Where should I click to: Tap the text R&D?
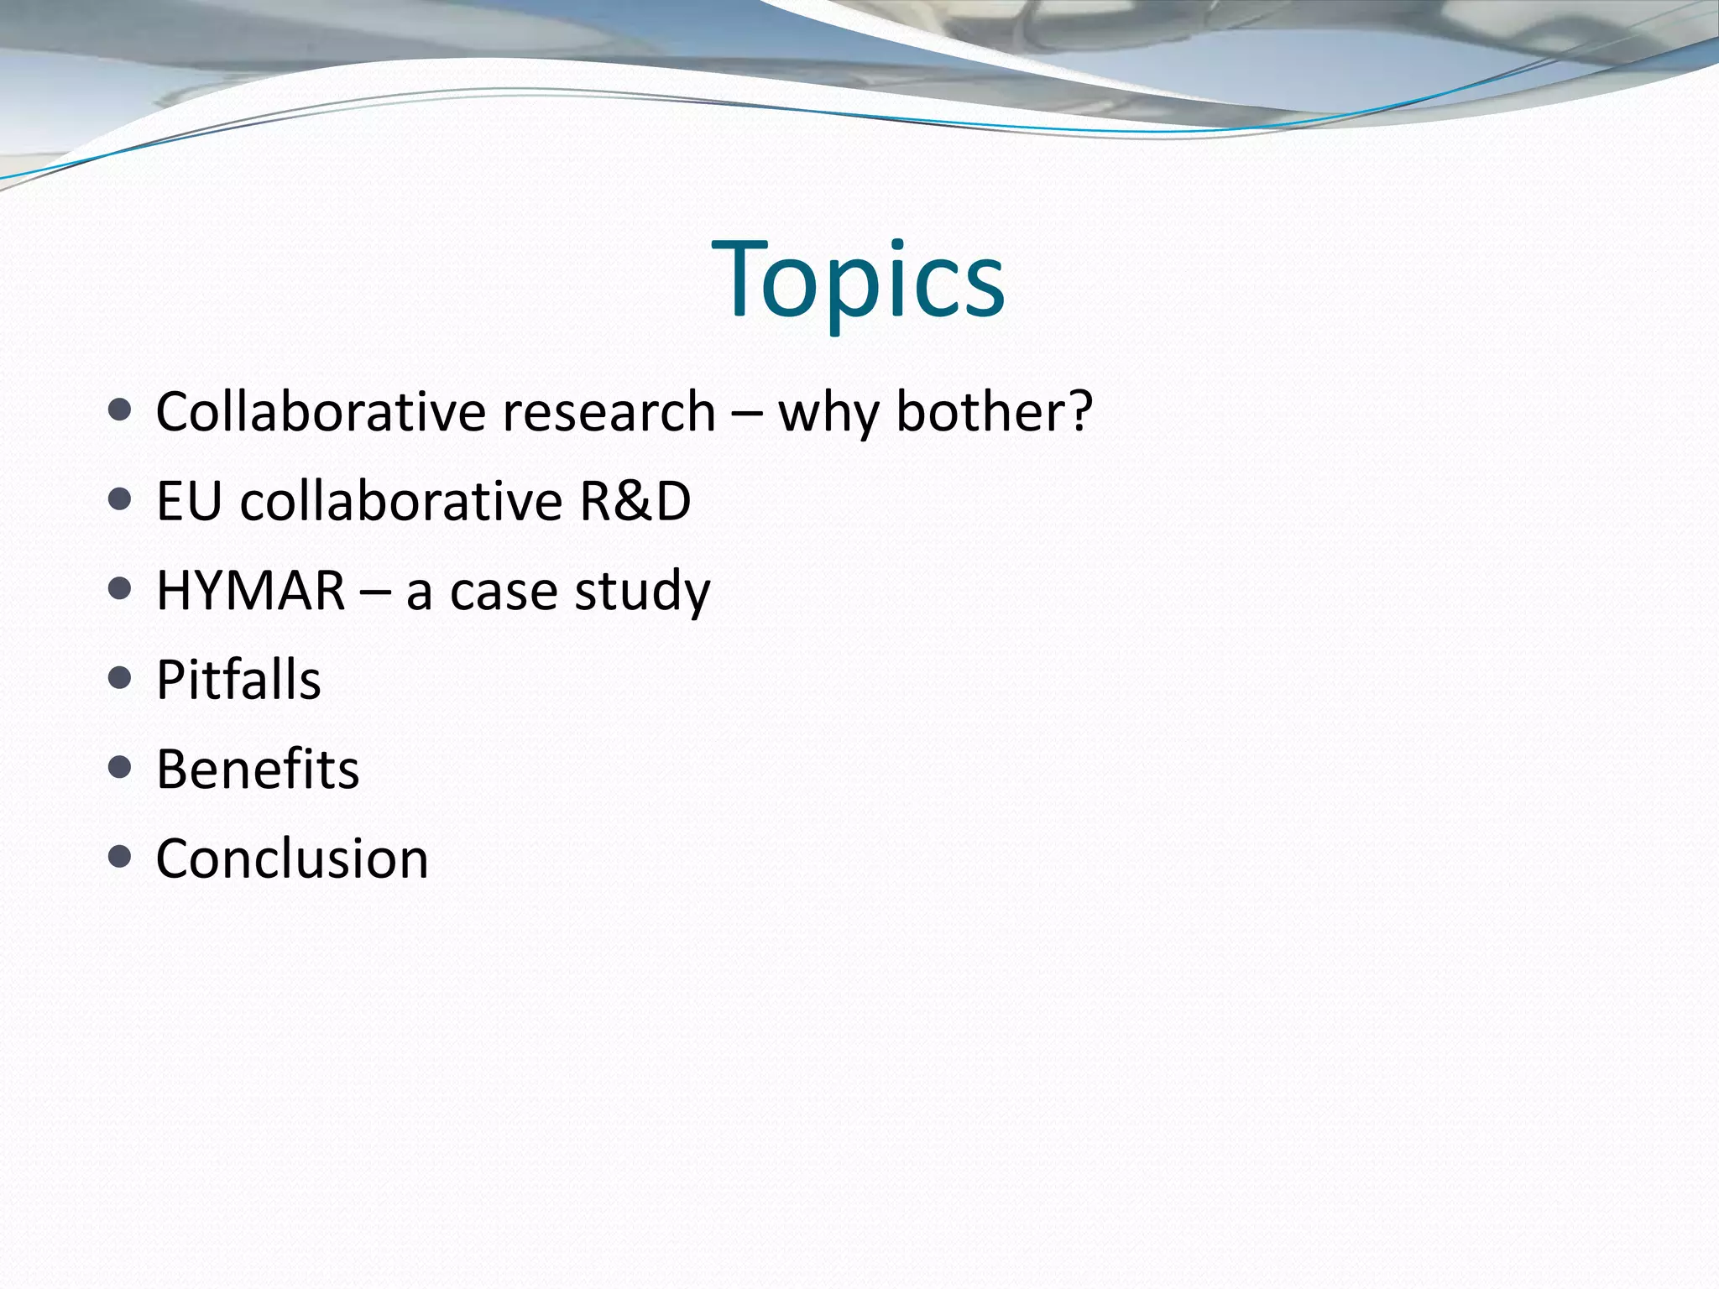(635, 502)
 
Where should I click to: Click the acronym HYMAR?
(251, 591)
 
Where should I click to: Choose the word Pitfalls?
(238, 680)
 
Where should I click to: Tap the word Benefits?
(258, 770)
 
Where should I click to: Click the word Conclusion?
(292, 859)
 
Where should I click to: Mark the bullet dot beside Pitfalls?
(120, 678)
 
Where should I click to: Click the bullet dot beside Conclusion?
(120, 857)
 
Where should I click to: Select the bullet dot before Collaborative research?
(120, 410)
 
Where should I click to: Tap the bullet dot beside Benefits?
(120, 767)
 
